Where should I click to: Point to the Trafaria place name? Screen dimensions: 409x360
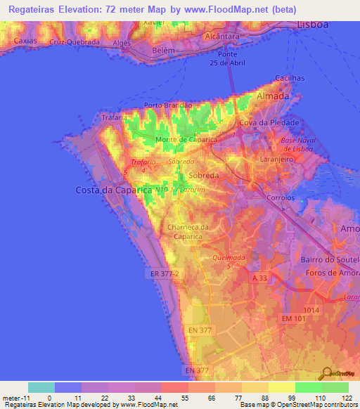(x=113, y=118)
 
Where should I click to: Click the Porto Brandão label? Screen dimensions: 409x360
(x=168, y=105)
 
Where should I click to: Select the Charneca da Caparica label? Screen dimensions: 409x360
(x=188, y=231)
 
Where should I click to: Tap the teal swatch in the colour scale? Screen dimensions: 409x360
(x=41, y=387)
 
